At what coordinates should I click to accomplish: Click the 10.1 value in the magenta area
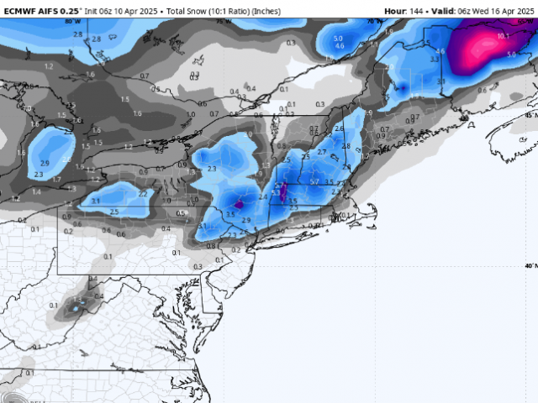click(503, 36)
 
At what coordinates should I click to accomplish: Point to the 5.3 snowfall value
click(276, 193)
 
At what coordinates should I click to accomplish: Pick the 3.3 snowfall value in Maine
click(435, 60)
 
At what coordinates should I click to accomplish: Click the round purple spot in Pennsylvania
click(240, 203)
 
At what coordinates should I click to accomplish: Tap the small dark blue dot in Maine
click(402, 87)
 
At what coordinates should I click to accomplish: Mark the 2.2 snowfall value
click(143, 193)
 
